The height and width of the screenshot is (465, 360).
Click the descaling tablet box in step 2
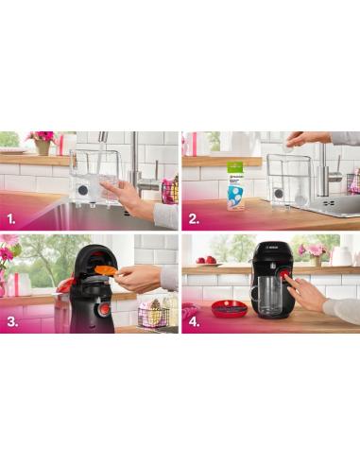click(236, 190)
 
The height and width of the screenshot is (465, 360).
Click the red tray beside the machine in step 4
click(227, 308)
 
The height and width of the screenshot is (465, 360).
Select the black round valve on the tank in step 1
click(83, 188)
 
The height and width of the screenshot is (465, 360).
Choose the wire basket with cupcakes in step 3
click(153, 312)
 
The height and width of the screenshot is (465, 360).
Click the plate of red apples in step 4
click(206, 261)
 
